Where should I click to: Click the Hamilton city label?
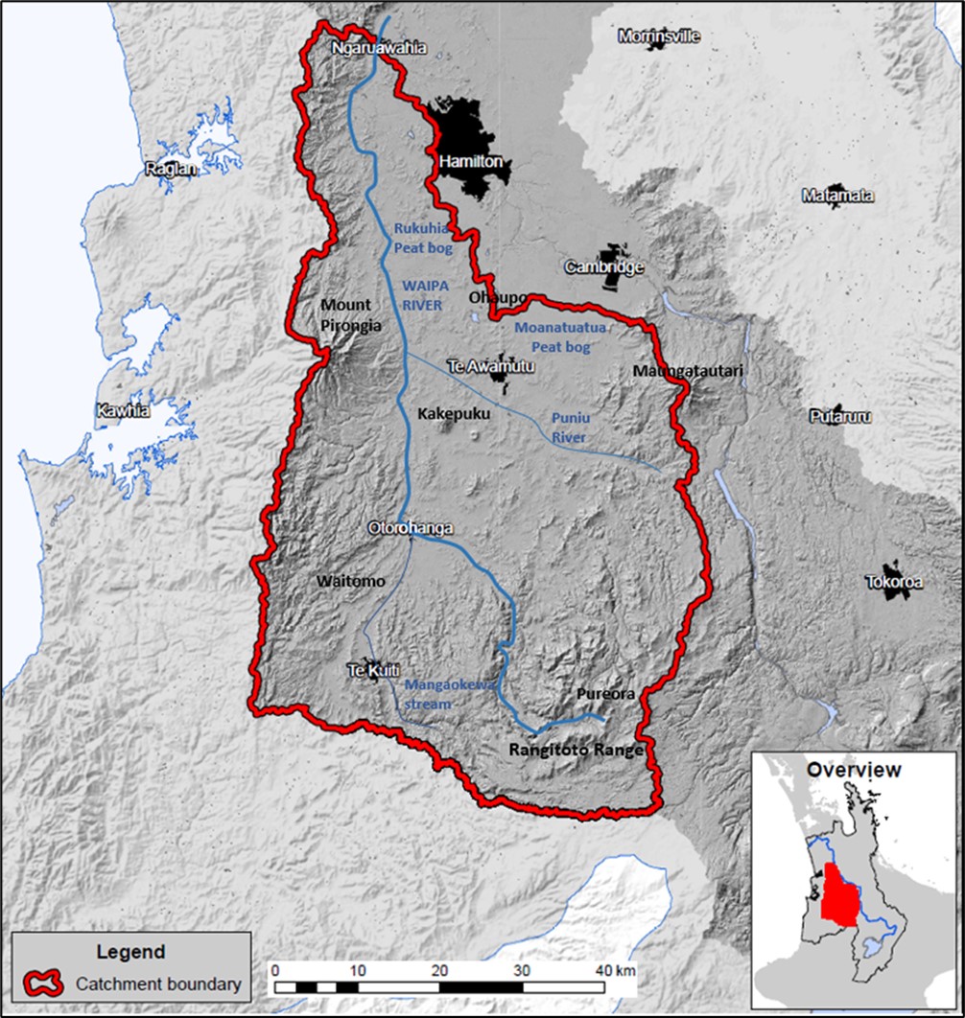point(470,162)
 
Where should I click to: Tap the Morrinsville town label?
point(659,36)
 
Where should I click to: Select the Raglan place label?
point(171,170)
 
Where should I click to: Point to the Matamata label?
point(837,196)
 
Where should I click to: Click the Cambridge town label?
point(603,267)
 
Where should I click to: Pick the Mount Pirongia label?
point(350,315)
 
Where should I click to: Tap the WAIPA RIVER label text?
point(422,296)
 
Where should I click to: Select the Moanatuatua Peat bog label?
point(560,335)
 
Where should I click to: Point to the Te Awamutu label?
point(491,365)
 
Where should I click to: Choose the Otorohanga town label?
point(410,528)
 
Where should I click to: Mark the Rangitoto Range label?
point(576,751)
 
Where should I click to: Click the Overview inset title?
point(853,770)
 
